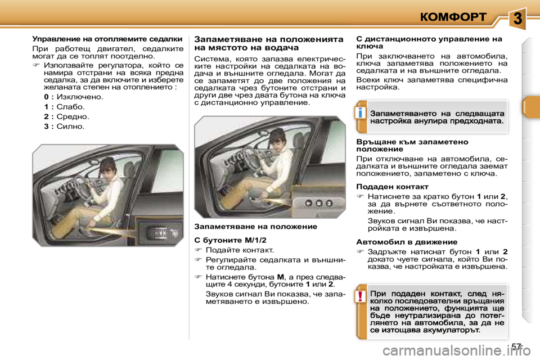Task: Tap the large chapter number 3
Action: pos(518,18)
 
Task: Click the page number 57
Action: pos(517,345)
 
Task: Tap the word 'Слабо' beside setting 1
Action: pos(71,107)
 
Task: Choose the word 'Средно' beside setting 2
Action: pos(73,116)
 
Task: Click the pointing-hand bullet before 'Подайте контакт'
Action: pos(198,250)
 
